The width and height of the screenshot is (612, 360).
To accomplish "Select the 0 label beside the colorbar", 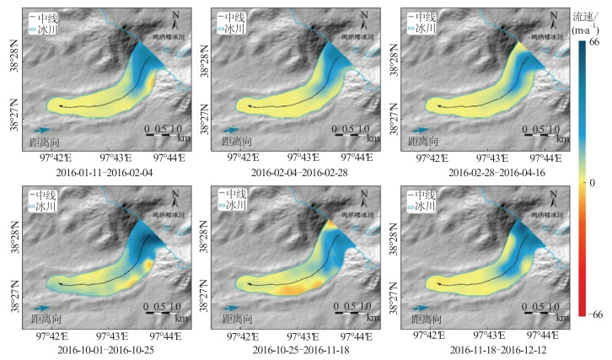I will click(594, 181).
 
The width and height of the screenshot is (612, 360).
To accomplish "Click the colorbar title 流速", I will click(584, 16).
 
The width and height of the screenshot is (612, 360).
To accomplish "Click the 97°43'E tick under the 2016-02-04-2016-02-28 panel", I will click(309, 156).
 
